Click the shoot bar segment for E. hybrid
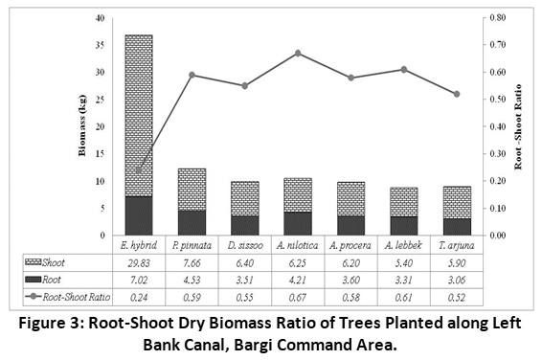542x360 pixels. click(x=139, y=116)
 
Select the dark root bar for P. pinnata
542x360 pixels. click(x=192, y=223)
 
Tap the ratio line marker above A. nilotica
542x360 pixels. click(x=298, y=54)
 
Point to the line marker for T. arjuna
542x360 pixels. click(x=457, y=94)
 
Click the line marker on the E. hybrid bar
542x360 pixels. click(x=139, y=170)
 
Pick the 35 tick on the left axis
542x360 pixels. click(x=100, y=45)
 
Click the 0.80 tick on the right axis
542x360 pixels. click(x=497, y=17)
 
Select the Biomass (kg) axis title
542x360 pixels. click(x=82, y=125)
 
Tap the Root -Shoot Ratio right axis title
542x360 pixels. click(x=517, y=127)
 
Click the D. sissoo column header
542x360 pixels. click(x=245, y=245)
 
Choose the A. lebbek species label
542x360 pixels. click(x=403, y=245)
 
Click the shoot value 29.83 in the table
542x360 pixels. click(x=139, y=263)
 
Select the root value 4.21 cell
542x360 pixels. click(x=298, y=280)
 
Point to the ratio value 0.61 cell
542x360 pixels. click(x=404, y=298)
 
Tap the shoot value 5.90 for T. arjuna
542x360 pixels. click(x=457, y=263)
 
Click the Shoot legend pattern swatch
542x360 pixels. click(x=34, y=262)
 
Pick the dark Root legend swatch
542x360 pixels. click(x=34, y=280)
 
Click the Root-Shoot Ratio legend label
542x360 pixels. click(x=77, y=297)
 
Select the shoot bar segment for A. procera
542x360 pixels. click(x=350, y=199)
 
